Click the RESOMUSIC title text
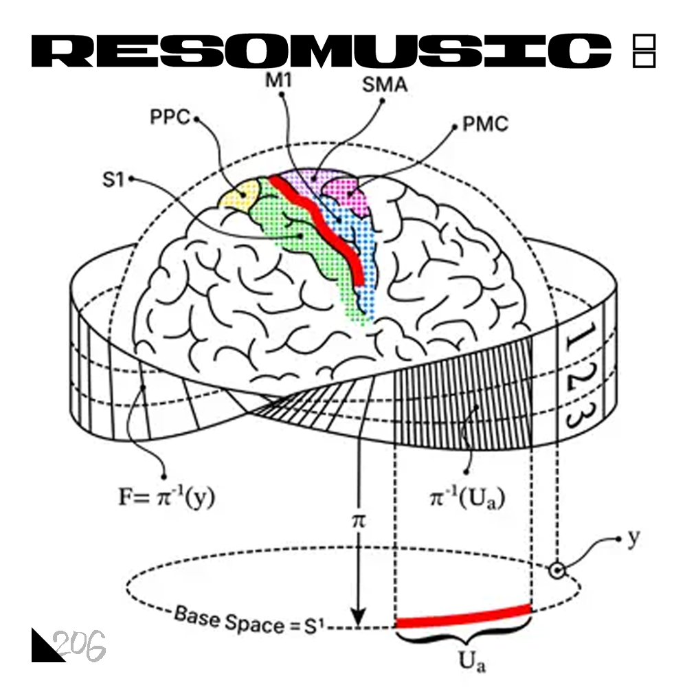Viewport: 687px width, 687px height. pyautogui.click(x=321, y=51)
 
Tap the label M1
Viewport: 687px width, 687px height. pyautogui.click(x=279, y=80)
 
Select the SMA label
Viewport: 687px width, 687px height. pyautogui.click(x=385, y=85)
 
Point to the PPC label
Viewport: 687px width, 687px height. pyautogui.click(x=170, y=117)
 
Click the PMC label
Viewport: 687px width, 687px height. pyautogui.click(x=486, y=124)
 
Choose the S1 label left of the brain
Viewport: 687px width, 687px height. pyautogui.click(x=113, y=179)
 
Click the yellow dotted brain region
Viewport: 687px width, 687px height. pyautogui.click(x=239, y=195)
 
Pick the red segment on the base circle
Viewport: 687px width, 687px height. pyautogui.click(x=463, y=616)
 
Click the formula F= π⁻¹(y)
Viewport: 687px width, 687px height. pyautogui.click(x=167, y=497)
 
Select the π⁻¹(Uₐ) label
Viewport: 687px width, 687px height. pyautogui.click(x=467, y=497)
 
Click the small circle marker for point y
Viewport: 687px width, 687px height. pyautogui.click(x=557, y=570)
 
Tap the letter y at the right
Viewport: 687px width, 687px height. pyautogui.click(x=634, y=537)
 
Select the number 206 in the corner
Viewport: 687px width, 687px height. pyautogui.click(x=80, y=645)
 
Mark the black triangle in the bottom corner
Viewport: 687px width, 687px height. pyautogui.click(x=44, y=649)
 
